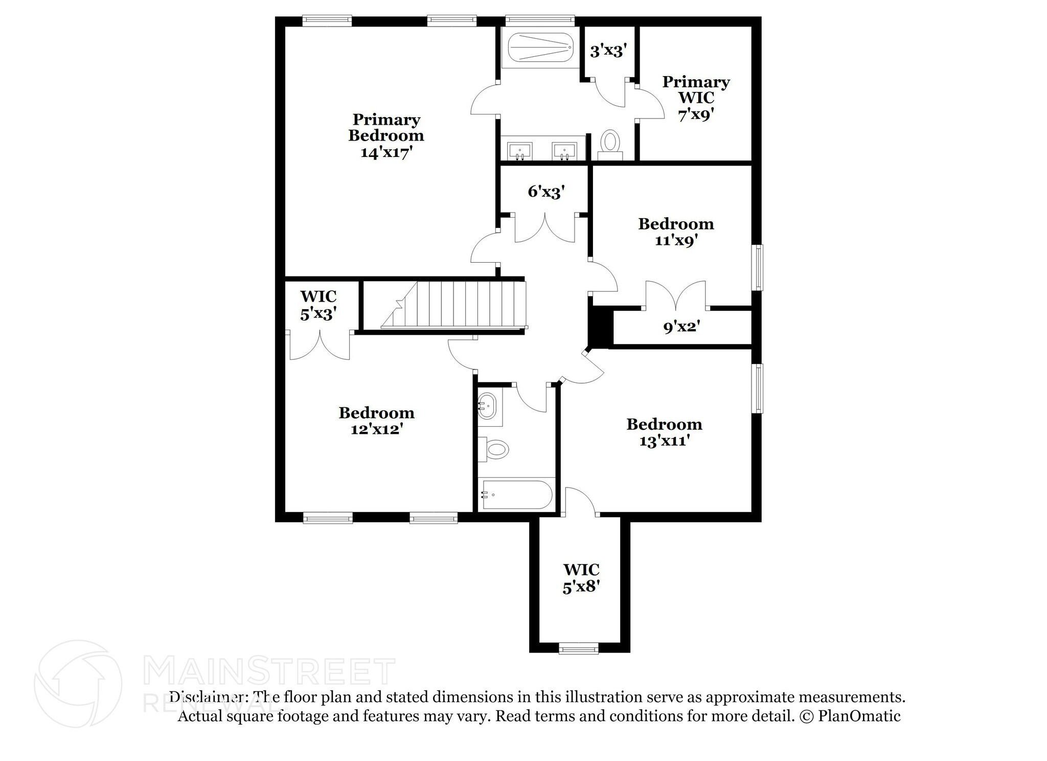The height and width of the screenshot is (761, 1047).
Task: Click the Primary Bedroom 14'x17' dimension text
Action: tap(386, 152)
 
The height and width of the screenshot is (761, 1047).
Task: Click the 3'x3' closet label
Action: tap(608, 51)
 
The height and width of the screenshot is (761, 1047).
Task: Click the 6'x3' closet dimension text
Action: tap(546, 192)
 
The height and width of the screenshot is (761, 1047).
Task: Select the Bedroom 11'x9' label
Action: tap(676, 232)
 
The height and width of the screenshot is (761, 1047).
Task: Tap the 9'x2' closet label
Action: tap(681, 327)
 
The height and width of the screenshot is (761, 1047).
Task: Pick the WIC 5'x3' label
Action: tap(318, 305)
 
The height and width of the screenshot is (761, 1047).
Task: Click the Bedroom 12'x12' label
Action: tap(376, 421)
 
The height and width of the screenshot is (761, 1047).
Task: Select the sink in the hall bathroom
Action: tap(488, 406)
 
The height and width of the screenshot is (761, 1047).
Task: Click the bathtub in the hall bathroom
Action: tap(516, 494)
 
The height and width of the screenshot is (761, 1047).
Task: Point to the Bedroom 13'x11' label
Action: tap(664, 432)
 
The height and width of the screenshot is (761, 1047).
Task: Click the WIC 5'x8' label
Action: tap(581, 578)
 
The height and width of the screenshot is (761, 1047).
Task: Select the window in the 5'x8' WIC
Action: tap(578, 649)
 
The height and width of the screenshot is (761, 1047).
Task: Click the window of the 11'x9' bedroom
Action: tap(759, 267)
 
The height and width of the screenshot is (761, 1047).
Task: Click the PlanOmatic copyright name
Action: tap(859, 716)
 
